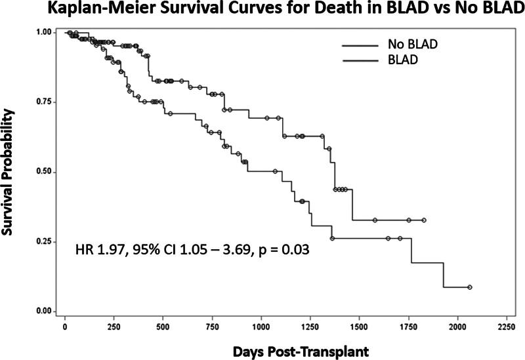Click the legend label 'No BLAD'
(x=411, y=45)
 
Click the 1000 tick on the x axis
(x=261, y=327)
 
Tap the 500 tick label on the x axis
(x=163, y=327)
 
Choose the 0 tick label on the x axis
(x=64, y=327)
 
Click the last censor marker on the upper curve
(x=424, y=220)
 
